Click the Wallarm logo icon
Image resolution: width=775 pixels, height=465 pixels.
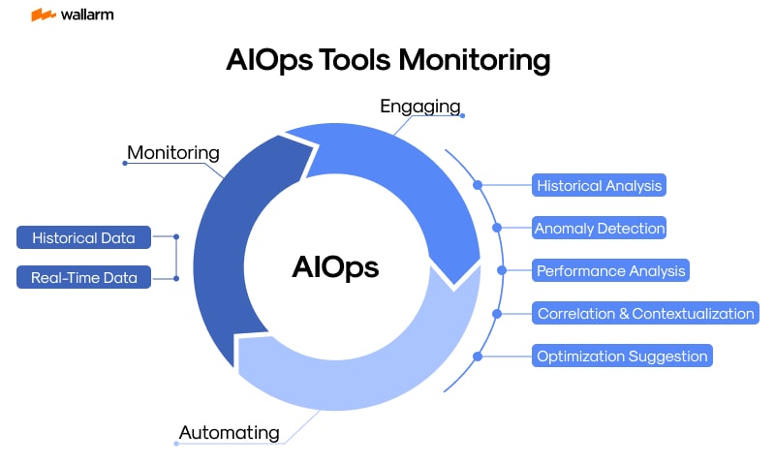point(43,15)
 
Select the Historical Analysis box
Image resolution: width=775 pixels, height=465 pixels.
point(599,185)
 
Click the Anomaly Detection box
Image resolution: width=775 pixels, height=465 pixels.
point(600,229)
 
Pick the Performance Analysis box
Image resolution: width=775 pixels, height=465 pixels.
point(611,270)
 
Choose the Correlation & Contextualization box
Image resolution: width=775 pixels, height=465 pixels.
point(645,313)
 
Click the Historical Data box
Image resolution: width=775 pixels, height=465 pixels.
point(83,237)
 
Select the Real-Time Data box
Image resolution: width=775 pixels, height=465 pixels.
point(83,278)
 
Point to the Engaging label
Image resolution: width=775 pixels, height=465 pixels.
point(419,106)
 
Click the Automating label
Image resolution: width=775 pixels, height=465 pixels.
point(230,432)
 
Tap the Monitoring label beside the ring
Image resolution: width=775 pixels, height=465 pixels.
point(173,152)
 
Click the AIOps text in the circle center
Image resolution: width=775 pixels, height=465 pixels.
point(335,267)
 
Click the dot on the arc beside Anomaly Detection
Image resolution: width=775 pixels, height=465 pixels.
point(497,229)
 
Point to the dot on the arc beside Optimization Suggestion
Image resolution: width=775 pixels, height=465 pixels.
point(478,356)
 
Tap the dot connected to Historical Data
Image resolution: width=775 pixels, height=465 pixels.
point(176,236)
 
